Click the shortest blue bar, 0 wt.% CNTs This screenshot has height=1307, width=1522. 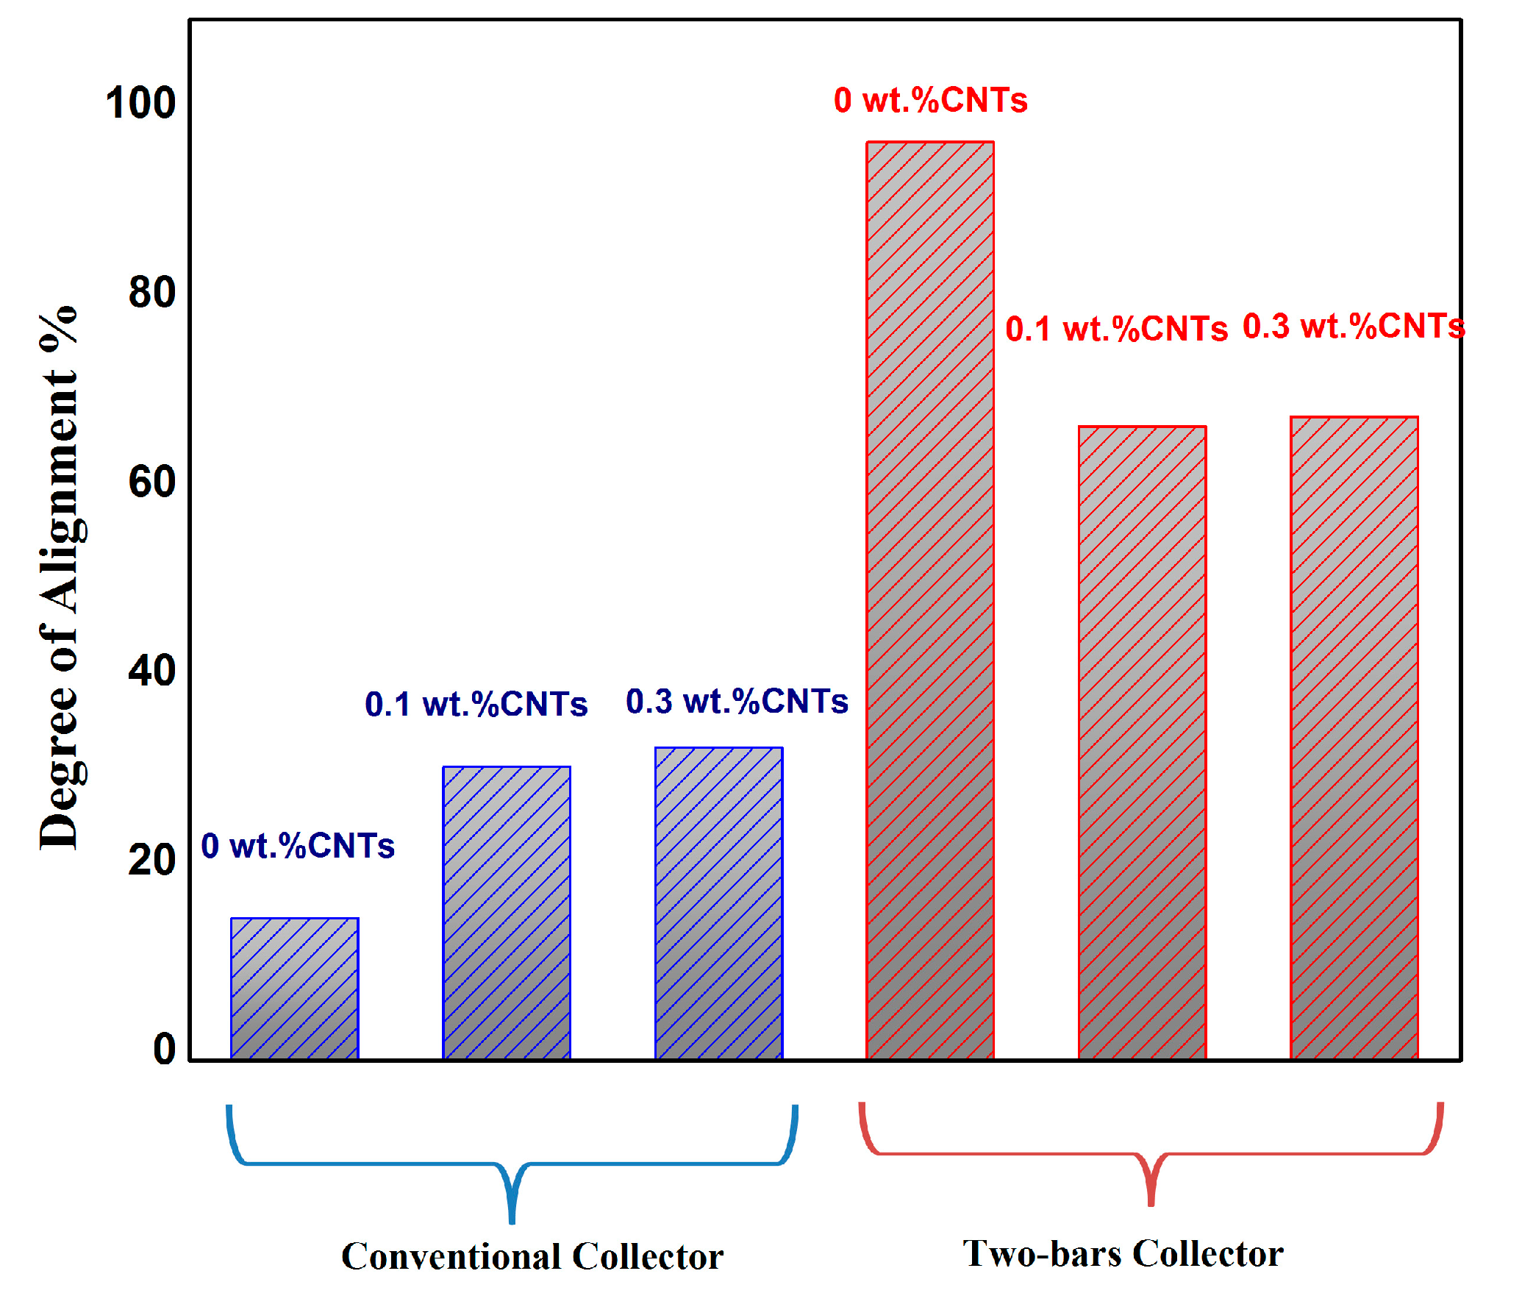(x=294, y=989)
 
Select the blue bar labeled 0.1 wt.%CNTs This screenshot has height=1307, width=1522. (x=506, y=912)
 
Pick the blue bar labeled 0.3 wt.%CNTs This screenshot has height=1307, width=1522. (x=718, y=903)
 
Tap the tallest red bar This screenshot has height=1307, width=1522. (x=930, y=599)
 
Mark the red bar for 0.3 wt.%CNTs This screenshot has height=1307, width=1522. (x=1354, y=737)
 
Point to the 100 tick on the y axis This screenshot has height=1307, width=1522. (x=140, y=103)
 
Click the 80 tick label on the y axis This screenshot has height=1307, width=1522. (x=152, y=293)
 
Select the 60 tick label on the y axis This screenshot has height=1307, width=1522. (x=152, y=482)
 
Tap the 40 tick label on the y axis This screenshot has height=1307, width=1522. (x=152, y=671)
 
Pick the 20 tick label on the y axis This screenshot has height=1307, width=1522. (x=152, y=860)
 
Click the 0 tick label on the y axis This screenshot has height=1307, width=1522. (x=164, y=1049)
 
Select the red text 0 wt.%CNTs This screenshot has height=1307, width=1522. (x=930, y=100)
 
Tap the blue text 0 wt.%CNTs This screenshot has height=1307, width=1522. (x=298, y=846)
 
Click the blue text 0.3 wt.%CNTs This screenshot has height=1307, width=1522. (x=737, y=701)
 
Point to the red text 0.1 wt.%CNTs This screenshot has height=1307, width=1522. (x=1116, y=329)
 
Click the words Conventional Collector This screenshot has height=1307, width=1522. (x=532, y=1256)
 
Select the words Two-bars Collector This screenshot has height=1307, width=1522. (x=1123, y=1253)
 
